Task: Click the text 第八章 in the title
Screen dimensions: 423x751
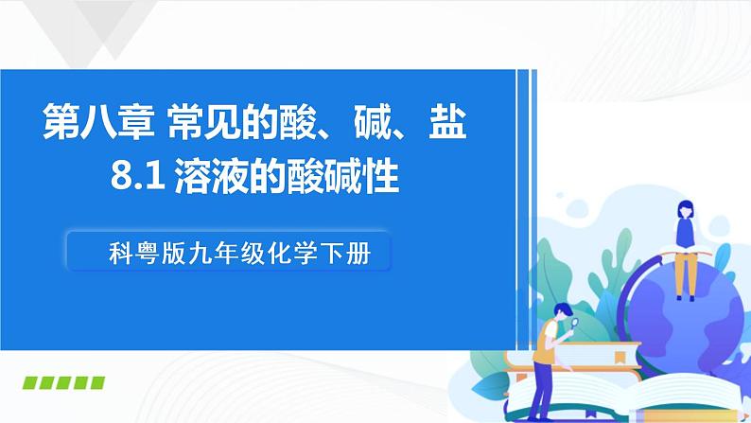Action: point(99,125)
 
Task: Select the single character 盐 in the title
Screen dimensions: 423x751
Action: point(444,125)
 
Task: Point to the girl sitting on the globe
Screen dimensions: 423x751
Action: point(683,241)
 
